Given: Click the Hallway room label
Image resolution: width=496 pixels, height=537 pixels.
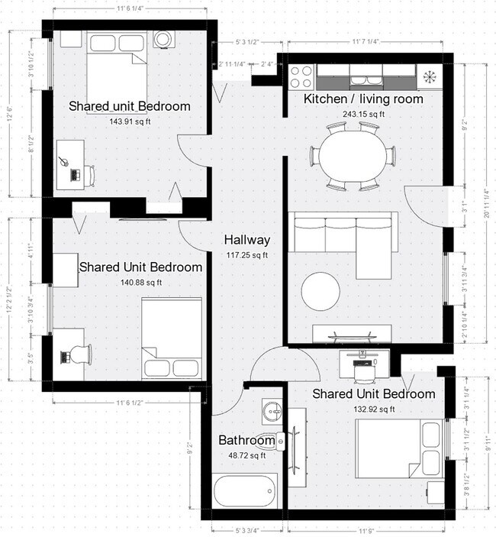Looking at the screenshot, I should tap(246, 240).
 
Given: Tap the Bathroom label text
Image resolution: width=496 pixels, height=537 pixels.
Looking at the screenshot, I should tap(246, 441).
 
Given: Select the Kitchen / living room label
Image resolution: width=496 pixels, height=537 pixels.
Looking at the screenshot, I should tap(363, 99).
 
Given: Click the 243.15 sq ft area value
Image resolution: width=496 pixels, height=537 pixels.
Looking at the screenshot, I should tap(363, 114).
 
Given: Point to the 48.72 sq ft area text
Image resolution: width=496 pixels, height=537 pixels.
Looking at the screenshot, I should tap(246, 456).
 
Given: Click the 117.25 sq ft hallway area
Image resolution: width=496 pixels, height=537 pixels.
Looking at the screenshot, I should tap(246, 254).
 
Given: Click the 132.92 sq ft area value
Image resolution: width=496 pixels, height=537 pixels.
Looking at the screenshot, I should tap(374, 409).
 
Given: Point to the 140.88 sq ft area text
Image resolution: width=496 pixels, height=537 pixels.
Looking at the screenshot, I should tap(141, 282).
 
